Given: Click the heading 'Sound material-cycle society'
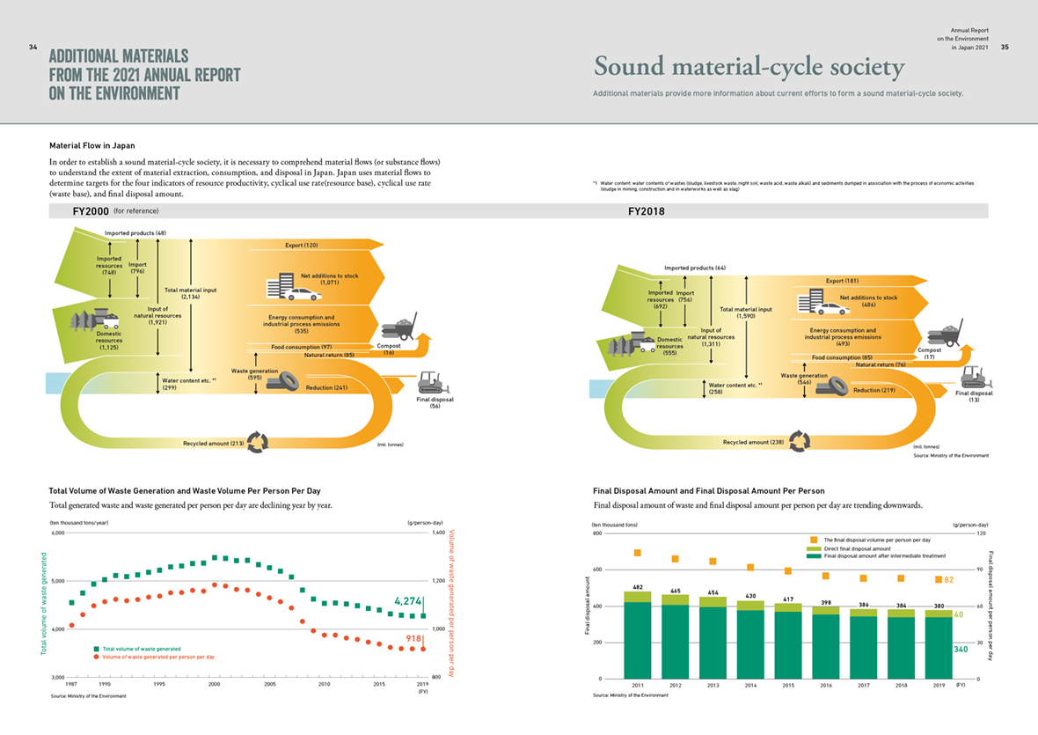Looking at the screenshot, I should coord(749,67).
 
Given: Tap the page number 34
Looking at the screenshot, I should coord(33,48).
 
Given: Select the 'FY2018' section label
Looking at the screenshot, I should coord(646,212).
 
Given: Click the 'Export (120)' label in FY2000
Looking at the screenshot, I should coord(301,245).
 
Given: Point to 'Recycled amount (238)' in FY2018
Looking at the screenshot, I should coord(753,442).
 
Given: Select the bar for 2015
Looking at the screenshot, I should coord(787,643).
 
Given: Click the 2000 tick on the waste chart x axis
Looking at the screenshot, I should coord(214,683).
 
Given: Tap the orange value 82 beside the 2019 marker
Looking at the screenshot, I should coord(949,579).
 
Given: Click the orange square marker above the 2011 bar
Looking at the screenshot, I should coord(637,553).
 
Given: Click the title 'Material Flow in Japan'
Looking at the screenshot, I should coord(92,145).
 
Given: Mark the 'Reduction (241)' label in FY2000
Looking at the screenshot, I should coord(326,387).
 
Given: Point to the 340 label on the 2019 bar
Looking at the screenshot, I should coord(961,650).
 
